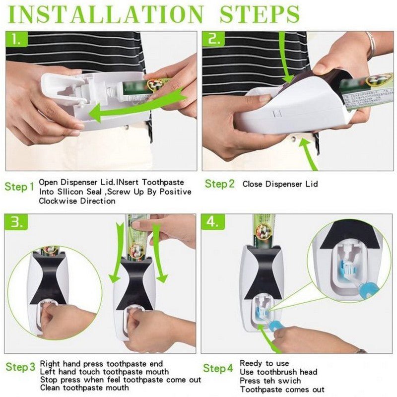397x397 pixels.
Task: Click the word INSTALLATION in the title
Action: pyautogui.click(x=105, y=14)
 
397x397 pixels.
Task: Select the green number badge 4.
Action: pyautogui.click(x=214, y=223)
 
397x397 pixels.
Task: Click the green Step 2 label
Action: pyautogui.click(x=220, y=184)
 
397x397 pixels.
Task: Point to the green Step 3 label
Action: pyautogui.click(x=20, y=368)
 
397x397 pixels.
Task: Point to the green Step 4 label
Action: pyautogui.click(x=218, y=368)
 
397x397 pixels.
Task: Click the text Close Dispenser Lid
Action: pyautogui.click(x=280, y=184)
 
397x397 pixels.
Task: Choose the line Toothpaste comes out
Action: pyautogui.click(x=282, y=389)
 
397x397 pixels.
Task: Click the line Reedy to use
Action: pyautogui.click(x=264, y=364)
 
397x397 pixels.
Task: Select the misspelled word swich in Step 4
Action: pyautogui.click(x=290, y=381)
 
